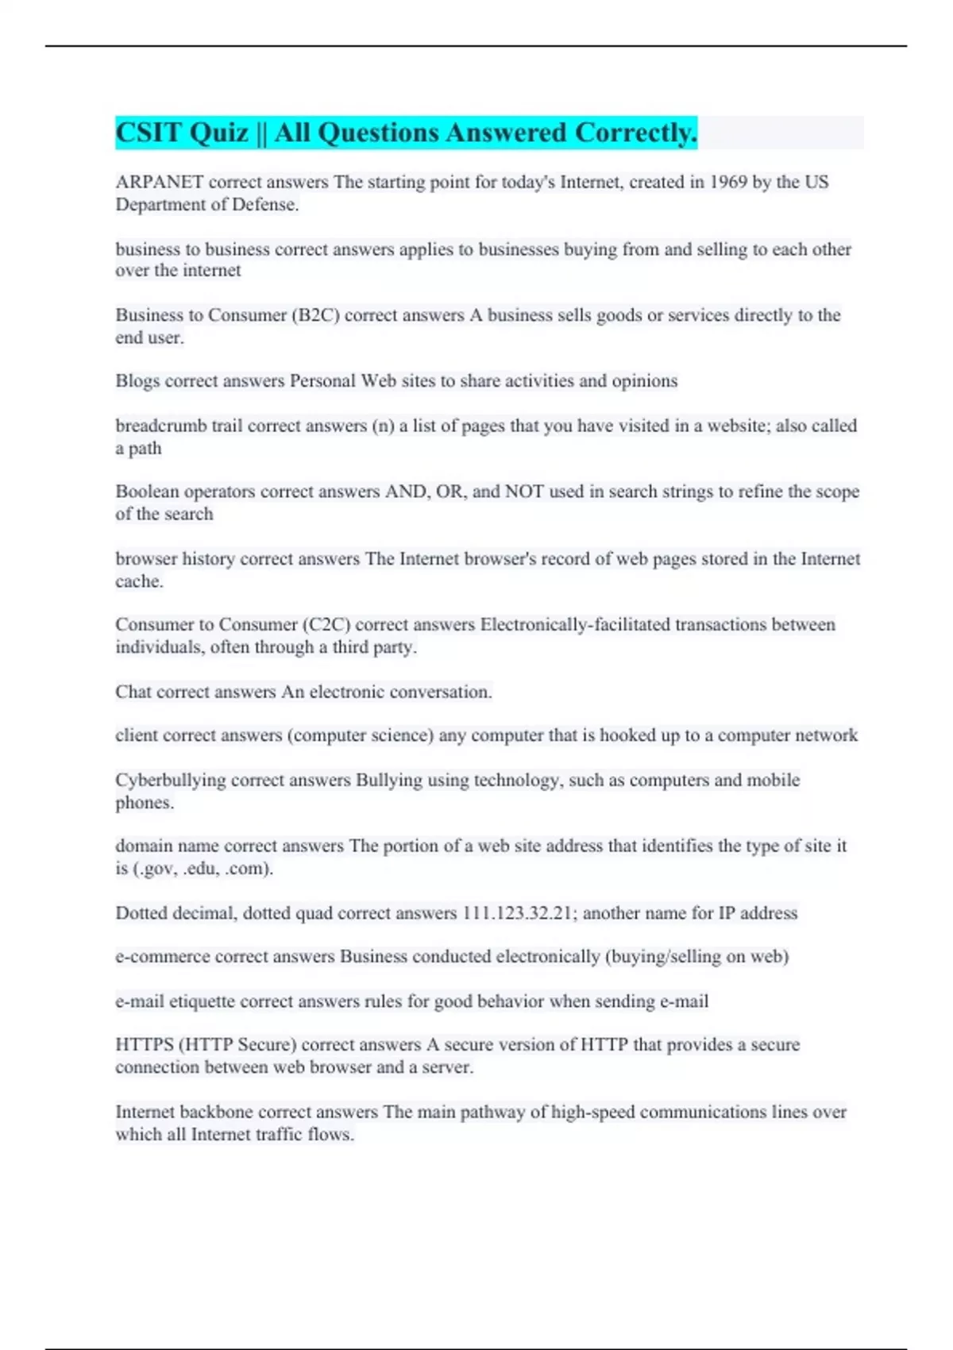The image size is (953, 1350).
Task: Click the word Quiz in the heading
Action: pyautogui.click(x=219, y=133)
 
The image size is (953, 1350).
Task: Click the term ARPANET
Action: pyautogui.click(x=159, y=182)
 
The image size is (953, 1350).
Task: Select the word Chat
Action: pyautogui.click(x=133, y=692)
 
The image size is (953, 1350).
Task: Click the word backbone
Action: pyautogui.click(x=216, y=1112)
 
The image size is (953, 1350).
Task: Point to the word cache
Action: pyautogui.click(x=138, y=581)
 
